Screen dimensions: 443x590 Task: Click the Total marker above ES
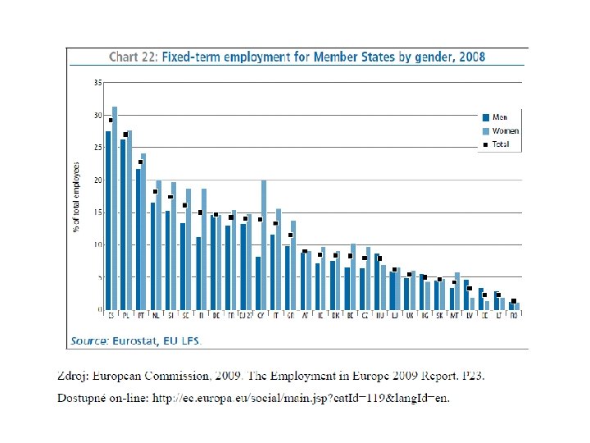pyautogui.click(x=111, y=121)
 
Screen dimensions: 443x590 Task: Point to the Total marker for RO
pyautogui.click(x=514, y=301)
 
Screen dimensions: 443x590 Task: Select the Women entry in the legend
pyautogui.click(x=504, y=131)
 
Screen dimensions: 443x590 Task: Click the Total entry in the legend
pyautogui.click(x=500, y=144)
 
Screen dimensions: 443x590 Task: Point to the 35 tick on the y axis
pyautogui.click(x=98, y=83)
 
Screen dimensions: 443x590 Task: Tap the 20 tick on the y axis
pyautogui.click(x=98, y=180)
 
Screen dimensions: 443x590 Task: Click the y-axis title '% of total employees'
pyautogui.click(x=76, y=197)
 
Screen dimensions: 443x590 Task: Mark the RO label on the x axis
pyautogui.click(x=514, y=314)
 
